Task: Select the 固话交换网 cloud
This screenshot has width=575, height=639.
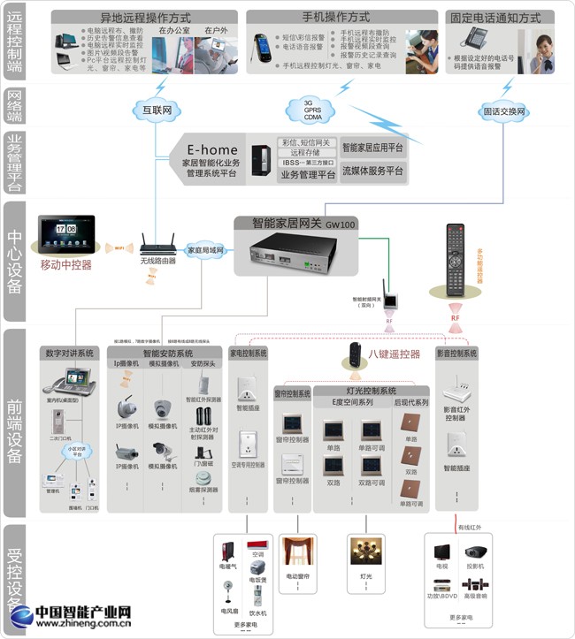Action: click(x=503, y=112)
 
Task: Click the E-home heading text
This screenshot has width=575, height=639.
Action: click(x=211, y=148)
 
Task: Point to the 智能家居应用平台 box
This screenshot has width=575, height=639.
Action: click(x=372, y=148)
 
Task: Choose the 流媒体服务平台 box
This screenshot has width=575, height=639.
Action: click(x=372, y=171)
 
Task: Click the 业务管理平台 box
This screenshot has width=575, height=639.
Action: click(x=307, y=175)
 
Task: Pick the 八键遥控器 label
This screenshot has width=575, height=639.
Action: click(x=395, y=354)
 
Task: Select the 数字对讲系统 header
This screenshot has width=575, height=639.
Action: click(x=68, y=353)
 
